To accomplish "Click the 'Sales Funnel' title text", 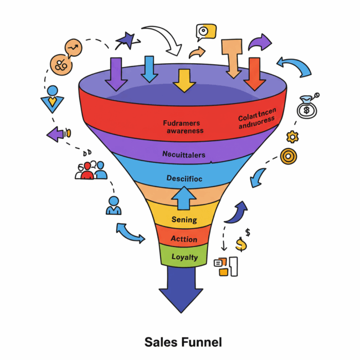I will pos(183,342).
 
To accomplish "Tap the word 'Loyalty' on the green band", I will pos(184,257).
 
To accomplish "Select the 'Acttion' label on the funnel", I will pos(184,238).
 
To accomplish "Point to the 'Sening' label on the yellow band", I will pos(184,219).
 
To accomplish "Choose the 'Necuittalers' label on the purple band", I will pos(183,155).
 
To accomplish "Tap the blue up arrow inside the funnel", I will pos(183,198).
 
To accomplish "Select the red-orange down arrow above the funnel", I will pos(255,74).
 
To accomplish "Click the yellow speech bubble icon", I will pos(206,32).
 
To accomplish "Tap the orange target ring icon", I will pos(288,156).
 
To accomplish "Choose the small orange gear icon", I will pos(292,136).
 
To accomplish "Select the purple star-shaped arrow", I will pos(126,40).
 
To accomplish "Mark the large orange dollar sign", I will pos(241,244).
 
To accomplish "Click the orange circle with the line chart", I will pos(73,49).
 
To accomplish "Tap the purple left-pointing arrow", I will pos(56,133).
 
